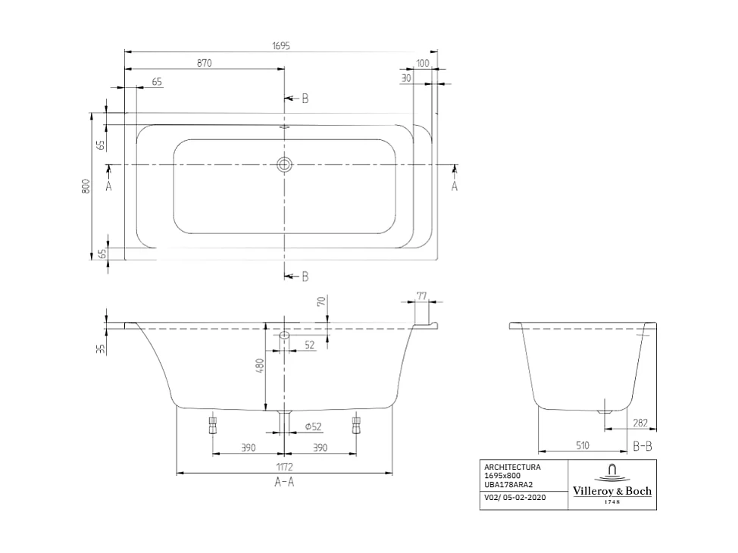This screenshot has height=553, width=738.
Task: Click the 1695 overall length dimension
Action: [281, 45]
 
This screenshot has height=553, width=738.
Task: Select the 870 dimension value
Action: [204, 64]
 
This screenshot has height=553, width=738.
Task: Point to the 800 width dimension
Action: [86, 186]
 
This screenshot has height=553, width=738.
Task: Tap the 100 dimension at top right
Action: [423, 64]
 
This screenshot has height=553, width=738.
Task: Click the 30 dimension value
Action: [406, 77]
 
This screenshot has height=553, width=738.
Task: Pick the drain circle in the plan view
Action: [285, 164]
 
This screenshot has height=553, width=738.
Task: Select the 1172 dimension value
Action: [284, 467]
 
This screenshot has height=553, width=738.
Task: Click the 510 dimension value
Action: [582, 446]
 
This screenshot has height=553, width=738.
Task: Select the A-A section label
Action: [284, 483]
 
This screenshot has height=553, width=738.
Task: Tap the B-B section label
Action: [643, 446]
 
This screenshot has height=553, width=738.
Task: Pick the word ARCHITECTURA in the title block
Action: [512, 468]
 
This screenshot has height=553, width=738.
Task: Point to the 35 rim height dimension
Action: [100, 349]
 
